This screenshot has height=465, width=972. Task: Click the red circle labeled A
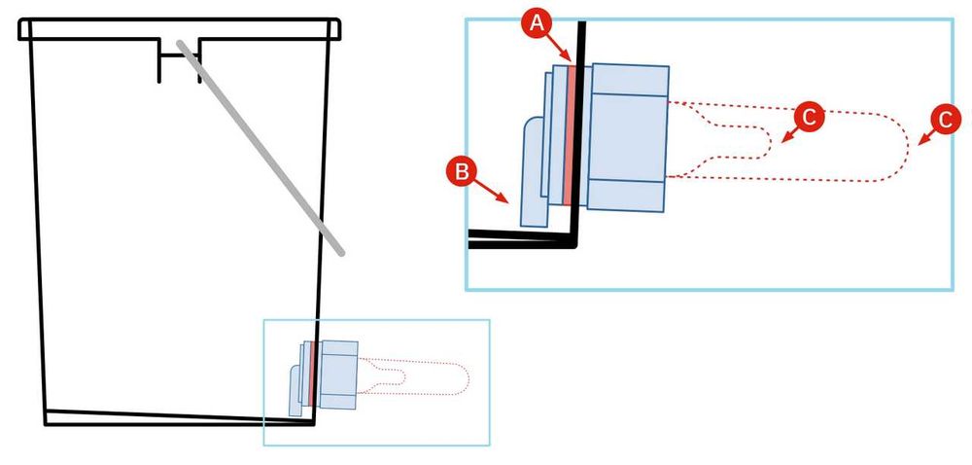[x=537, y=24]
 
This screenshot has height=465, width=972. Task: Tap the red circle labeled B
[x=461, y=171]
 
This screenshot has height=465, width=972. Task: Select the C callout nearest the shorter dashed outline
[x=809, y=117]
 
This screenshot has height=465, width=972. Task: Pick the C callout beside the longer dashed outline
[x=946, y=120]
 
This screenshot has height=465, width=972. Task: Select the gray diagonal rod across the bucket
[x=260, y=148]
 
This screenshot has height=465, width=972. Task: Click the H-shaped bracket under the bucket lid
[x=179, y=59]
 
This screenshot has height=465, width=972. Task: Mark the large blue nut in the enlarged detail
[x=627, y=137]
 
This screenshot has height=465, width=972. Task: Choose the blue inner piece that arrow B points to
[x=535, y=172]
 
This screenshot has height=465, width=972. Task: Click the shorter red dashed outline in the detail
[x=718, y=137]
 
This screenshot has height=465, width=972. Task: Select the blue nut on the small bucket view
[x=338, y=375]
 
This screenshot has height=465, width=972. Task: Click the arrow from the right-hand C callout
[x=927, y=137]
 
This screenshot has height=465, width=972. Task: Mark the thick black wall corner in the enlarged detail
[x=574, y=242]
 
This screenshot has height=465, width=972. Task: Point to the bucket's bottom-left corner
[x=46, y=424]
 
